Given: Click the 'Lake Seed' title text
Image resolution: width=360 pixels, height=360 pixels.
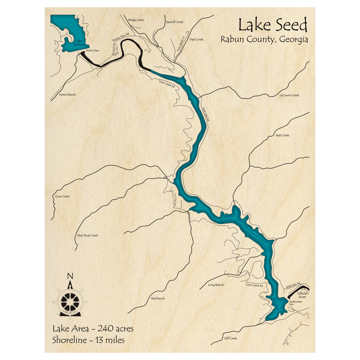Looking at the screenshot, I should click(273, 26).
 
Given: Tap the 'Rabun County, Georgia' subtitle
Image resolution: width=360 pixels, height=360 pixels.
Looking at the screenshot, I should click(264, 39).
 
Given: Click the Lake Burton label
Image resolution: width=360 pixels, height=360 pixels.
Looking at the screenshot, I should click(78, 43).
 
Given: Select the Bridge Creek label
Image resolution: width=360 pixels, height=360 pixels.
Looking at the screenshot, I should click(136, 20).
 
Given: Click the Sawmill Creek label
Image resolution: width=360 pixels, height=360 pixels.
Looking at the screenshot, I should click(175, 22).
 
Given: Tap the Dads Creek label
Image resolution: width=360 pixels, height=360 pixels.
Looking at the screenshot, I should click(196, 39).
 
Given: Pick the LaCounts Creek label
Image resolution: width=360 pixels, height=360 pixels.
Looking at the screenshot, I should click(289, 95).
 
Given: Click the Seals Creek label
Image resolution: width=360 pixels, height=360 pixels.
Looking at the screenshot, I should click(282, 135).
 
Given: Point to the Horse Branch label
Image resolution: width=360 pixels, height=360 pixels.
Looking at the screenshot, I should click(67, 95).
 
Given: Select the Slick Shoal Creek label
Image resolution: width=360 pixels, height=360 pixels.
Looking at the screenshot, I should click(87, 235).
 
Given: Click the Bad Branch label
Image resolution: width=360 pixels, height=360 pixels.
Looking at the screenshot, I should click(158, 298).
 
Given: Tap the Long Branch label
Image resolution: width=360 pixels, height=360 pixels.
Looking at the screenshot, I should click(216, 285).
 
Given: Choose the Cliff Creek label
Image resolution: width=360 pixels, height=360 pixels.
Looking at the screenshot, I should click(230, 338).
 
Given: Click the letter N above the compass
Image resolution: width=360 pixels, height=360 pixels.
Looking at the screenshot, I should click(70, 276).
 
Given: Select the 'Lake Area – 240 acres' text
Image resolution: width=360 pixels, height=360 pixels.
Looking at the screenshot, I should click(93, 328).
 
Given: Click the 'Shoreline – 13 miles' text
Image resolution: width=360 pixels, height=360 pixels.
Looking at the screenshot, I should click(88, 339).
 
